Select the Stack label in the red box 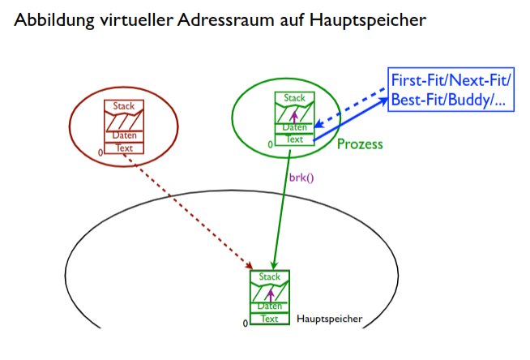point(124,106)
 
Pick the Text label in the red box point(124,148)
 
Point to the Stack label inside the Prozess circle point(295,98)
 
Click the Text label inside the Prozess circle point(295,139)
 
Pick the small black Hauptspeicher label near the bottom point(330,319)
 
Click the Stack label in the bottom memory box point(269,277)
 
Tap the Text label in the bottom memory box point(269,319)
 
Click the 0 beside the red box point(100,152)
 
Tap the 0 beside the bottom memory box point(245,323)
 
